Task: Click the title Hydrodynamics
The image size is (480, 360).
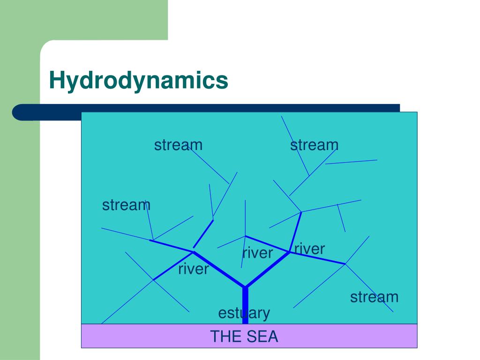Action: tap(139, 80)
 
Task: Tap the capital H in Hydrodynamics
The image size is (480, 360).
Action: tap(56, 80)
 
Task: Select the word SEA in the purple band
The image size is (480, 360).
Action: tap(262, 337)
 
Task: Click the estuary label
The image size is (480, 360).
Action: tap(244, 313)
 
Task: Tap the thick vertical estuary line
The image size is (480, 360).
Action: tap(245, 305)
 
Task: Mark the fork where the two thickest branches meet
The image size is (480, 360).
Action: tap(245, 287)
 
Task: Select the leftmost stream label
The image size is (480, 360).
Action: tap(126, 205)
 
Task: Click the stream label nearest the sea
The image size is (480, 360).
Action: tap(374, 297)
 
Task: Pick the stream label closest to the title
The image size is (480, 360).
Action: tap(178, 145)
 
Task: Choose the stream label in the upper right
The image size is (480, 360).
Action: tap(314, 145)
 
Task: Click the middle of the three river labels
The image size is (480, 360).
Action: tap(257, 253)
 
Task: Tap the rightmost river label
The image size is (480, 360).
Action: tap(309, 248)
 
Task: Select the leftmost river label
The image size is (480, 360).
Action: tap(193, 269)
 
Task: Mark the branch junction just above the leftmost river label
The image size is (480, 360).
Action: tap(193, 252)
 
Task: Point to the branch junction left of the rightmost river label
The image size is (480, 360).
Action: tap(289, 252)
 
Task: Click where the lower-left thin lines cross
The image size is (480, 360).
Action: tap(153, 280)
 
